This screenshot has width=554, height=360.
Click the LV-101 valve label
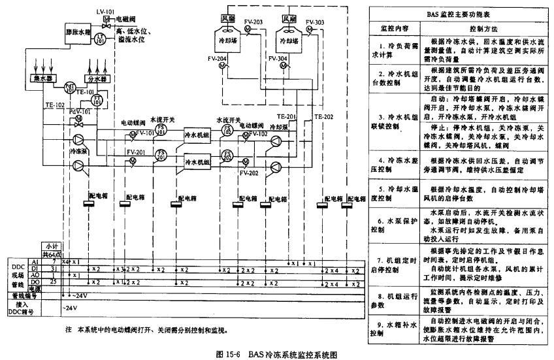pos(106,11)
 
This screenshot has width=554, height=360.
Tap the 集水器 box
pos(26,79)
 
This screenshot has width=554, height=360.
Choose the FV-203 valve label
pos(253,22)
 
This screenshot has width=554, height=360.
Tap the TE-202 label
pos(323,117)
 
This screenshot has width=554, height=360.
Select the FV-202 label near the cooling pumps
pos(250,173)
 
